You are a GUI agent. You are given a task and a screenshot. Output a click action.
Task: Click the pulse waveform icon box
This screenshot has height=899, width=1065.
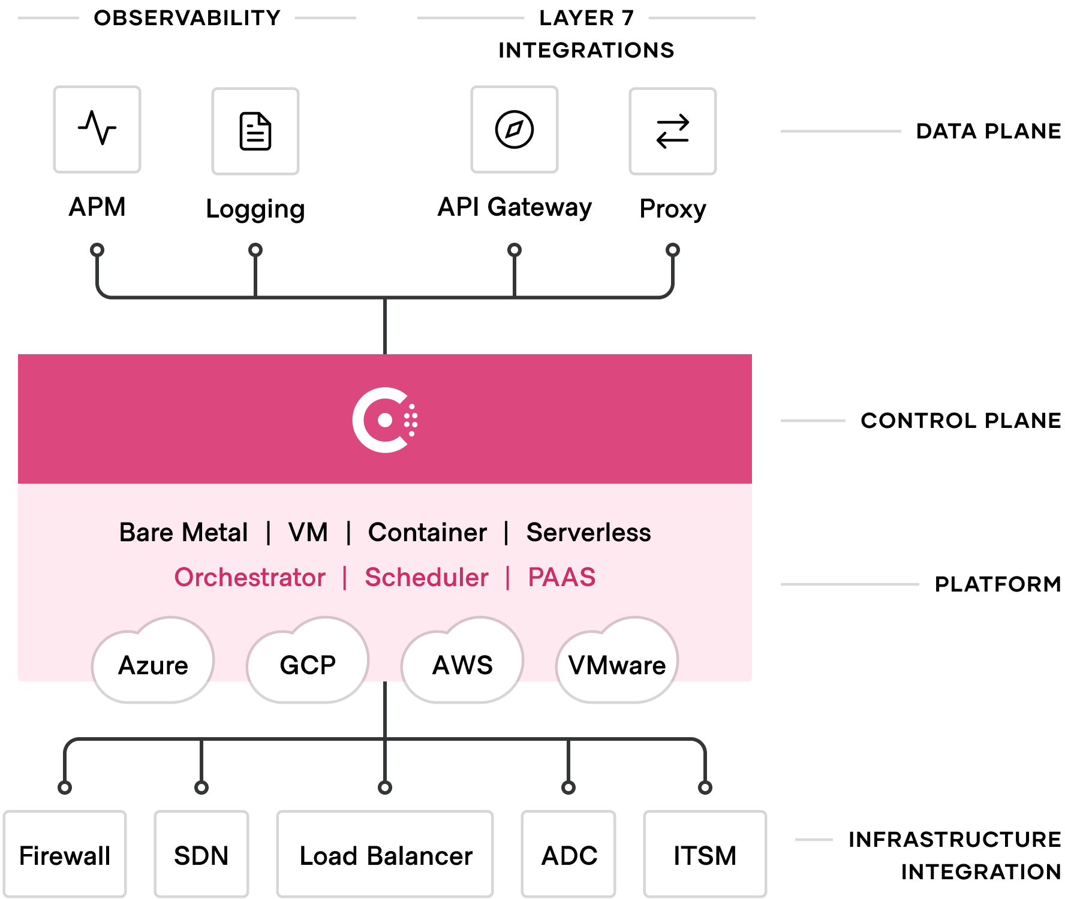(x=97, y=129)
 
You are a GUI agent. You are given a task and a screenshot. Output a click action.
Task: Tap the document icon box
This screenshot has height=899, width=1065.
(x=255, y=131)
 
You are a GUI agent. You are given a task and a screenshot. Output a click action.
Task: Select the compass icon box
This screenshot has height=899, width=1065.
(x=515, y=129)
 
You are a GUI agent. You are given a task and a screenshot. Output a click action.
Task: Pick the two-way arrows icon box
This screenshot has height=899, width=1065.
(x=673, y=131)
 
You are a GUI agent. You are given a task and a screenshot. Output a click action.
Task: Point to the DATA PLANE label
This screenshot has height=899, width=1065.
(x=988, y=131)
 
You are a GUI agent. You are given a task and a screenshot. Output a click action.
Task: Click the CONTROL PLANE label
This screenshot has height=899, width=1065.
(x=961, y=420)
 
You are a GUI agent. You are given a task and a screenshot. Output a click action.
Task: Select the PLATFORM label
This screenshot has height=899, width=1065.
(x=997, y=584)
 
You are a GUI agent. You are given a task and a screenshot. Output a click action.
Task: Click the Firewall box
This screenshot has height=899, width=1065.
(x=65, y=855)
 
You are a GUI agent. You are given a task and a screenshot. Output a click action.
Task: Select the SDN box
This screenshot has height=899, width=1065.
(x=201, y=855)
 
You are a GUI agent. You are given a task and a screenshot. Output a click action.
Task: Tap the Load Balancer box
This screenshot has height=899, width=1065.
(x=385, y=855)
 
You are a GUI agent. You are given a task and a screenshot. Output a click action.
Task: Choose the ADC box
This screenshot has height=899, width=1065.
(x=568, y=855)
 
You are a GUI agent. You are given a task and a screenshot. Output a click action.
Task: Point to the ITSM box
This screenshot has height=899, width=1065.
(x=705, y=855)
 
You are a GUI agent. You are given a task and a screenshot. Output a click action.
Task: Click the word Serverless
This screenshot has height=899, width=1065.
(x=588, y=532)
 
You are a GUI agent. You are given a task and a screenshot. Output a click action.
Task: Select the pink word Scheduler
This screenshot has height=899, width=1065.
(x=426, y=577)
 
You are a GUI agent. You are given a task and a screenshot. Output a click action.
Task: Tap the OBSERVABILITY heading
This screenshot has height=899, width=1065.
(x=187, y=18)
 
